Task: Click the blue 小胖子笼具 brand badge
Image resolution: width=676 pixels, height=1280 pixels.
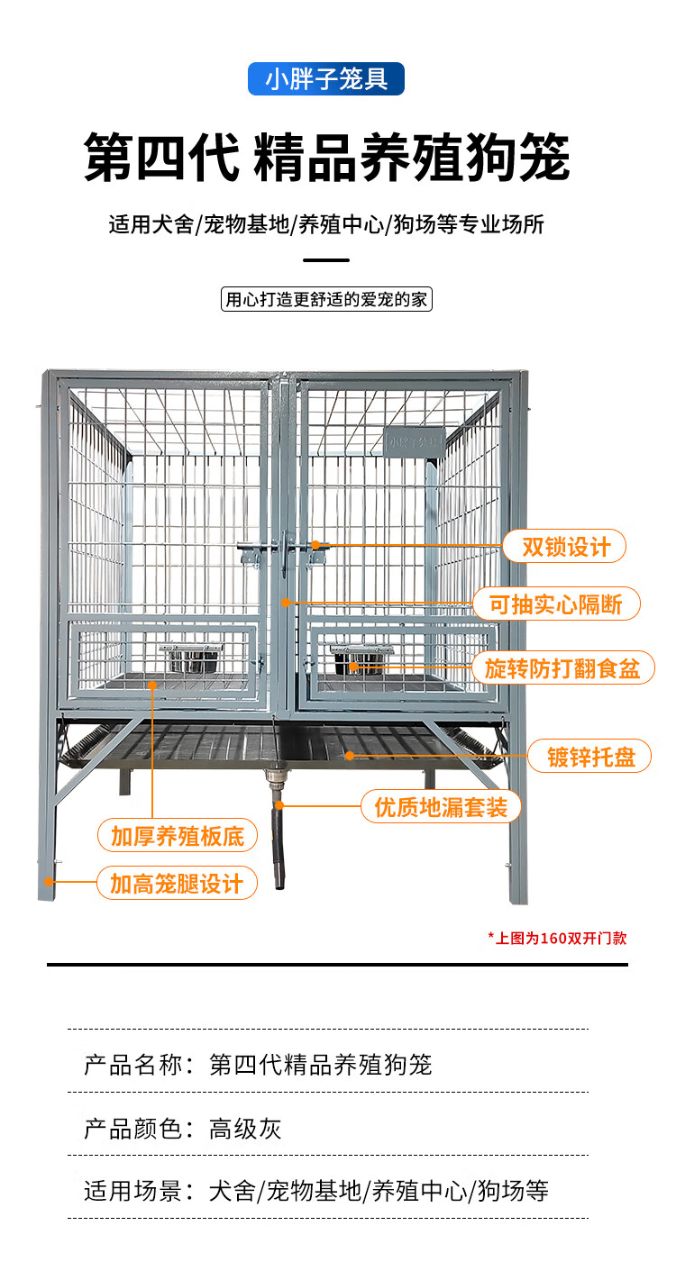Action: [326, 79]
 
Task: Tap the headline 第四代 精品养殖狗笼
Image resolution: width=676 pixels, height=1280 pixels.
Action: [326, 159]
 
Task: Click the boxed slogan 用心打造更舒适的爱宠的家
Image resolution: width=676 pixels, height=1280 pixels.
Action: [326, 299]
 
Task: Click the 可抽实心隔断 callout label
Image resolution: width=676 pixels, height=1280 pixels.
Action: [556, 604]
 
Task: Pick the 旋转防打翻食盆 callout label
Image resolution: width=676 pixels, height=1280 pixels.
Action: [562, 667]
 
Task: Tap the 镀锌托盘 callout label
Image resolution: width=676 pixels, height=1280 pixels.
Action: [591, 757]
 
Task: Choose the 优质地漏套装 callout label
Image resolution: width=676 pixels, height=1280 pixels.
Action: [441, 806]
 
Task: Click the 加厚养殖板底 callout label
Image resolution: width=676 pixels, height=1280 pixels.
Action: [178, 835]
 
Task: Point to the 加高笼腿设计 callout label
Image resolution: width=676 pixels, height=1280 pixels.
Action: [177, 883]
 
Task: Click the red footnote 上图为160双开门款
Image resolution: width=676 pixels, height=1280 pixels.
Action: [557, 938]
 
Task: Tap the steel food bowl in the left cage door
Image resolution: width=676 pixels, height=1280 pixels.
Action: [190, 658]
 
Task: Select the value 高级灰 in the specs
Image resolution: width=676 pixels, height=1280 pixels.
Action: [245, 1129]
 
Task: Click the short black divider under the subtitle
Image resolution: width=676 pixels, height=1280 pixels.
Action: [326, 260]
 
